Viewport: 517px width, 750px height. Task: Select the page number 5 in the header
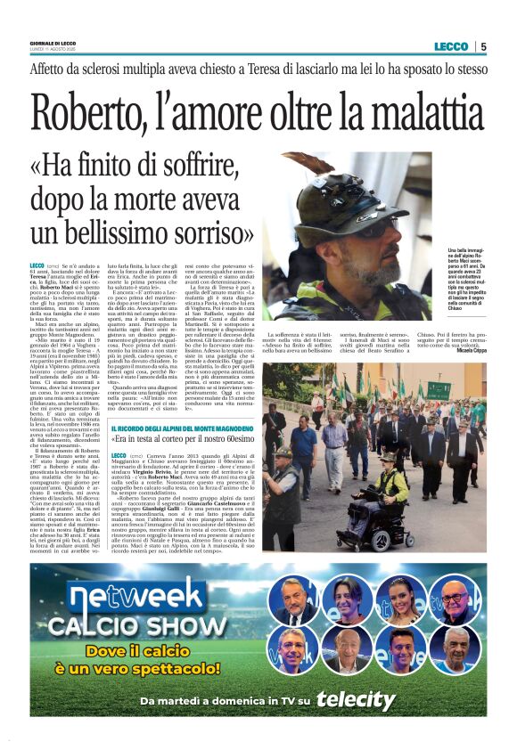(x=482, y=46)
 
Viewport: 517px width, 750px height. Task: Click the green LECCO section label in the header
(x=451, y=46)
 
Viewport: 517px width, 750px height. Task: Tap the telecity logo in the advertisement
(x=355, y=700)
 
